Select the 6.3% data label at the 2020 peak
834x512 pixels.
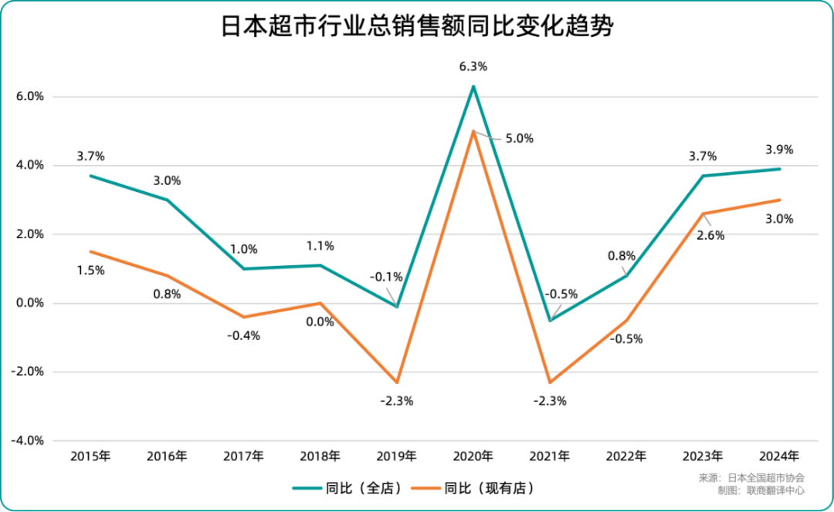[x=473, y=67]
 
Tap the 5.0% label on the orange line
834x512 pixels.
[x=519, y=139]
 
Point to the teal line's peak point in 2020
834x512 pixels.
[x=473, y=86]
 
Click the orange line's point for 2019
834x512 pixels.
[x=397, y=382]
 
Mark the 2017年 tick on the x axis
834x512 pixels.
[x=243, y=456]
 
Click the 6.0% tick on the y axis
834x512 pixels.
[x=29, y=97]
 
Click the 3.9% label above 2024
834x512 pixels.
[x=778, y=150]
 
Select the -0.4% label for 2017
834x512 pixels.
[x=244, y=335]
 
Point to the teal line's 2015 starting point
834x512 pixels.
[x=90, y=176]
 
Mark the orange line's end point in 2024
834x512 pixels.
[x=778, y=200]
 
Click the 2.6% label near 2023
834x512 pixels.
[x=710, y=235]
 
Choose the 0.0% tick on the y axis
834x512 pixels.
[x=29, y=303]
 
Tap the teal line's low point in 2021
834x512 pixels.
[x=550, y=321]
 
